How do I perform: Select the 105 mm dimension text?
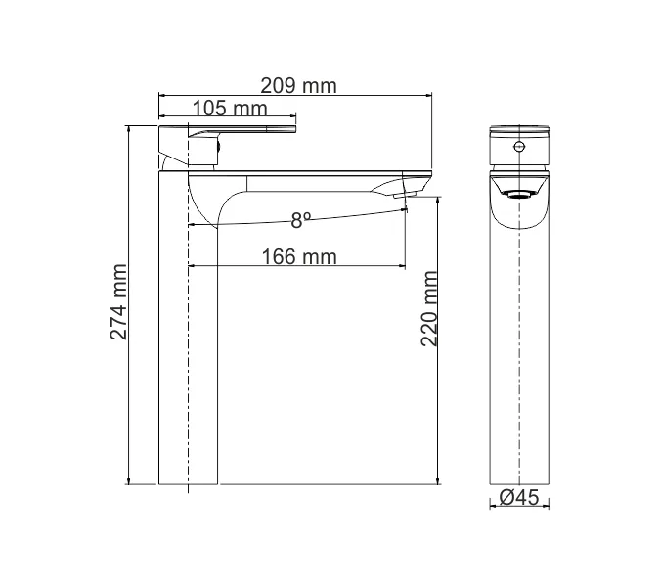point(230,107)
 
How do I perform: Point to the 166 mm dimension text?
point(299,256)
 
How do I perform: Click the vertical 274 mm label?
point(118,302)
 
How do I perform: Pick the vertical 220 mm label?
point(428,310)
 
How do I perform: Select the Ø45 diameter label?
point(519,497)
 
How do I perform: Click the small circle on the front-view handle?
point(519,148)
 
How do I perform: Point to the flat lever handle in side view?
point(244,129)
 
